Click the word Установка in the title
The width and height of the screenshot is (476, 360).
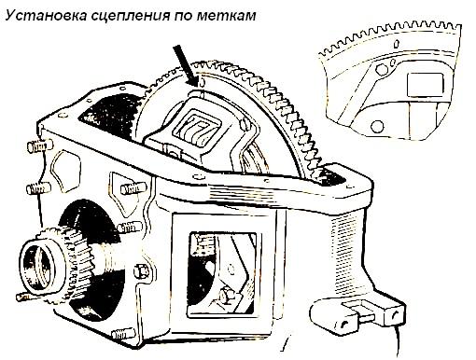coord(47,15)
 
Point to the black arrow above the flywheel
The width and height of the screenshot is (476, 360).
coord(186,65)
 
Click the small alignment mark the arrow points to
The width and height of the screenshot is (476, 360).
coord(202,82)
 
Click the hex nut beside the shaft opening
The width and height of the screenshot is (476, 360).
coord(142,271)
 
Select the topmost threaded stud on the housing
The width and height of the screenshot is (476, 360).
coord(40,146)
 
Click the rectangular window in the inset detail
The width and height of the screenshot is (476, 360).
coord(425,84)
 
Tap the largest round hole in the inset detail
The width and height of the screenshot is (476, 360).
coord(377,126)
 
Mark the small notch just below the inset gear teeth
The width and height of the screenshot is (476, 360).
coord(396,44)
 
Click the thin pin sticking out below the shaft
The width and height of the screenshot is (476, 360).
coord(25,298)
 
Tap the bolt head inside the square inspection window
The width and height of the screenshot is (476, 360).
coord(225,296)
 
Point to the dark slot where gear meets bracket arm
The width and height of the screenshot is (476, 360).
coord(330,176)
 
